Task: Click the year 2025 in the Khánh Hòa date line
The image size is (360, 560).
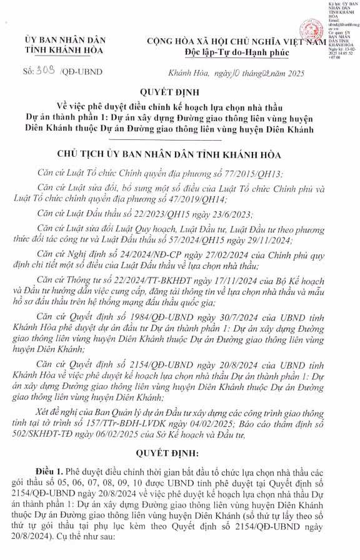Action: click(x=291, y=74)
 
